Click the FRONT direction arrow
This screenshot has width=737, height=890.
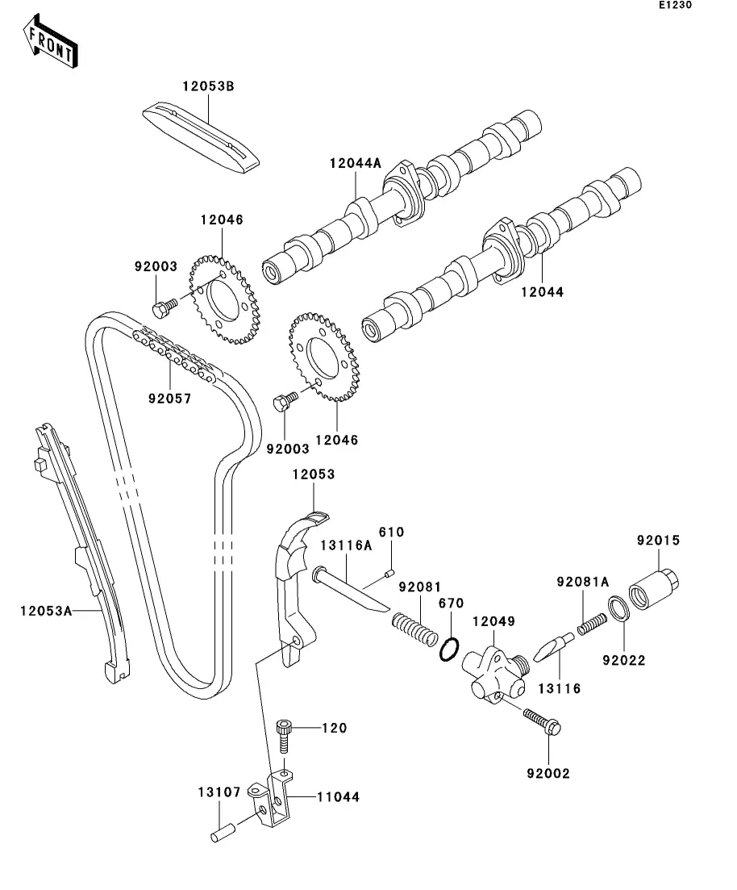pos(50,41)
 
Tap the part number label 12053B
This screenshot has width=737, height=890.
pos(208,86)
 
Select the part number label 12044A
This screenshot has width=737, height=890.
pos(356,164)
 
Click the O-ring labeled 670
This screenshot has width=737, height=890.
pos(449,649)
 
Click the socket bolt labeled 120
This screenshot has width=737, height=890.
pos(285,737)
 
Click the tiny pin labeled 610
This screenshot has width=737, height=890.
pos(389,574)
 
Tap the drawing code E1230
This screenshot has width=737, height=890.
pos(675,5)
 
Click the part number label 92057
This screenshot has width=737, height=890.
pos(170,399)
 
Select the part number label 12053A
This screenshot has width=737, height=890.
pos(46,612)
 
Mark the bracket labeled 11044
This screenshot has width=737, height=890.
pos(272,799)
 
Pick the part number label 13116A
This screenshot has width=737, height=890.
pos(346,546)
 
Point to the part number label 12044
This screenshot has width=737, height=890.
pos(543,292)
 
